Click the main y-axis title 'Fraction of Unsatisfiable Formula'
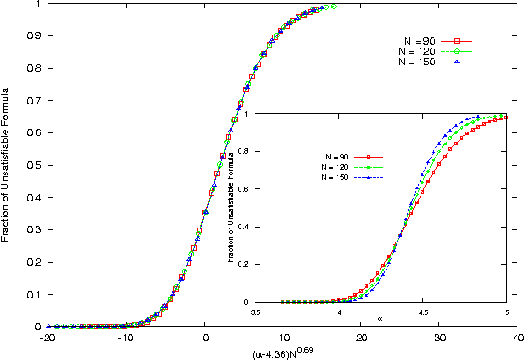7,164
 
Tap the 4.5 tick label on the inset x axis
422,312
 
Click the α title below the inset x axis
380,320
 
